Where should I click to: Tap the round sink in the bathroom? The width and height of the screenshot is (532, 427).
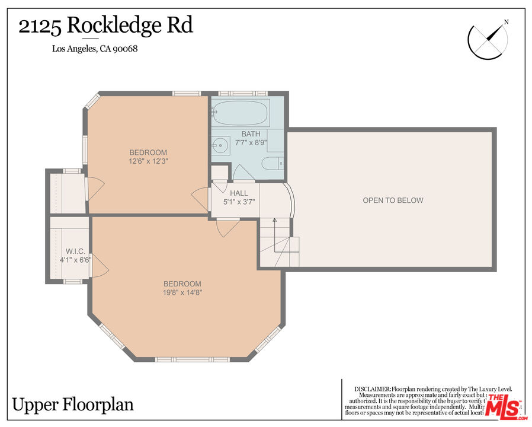click(220, 144)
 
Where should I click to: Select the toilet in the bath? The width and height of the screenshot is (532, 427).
click(274, 165)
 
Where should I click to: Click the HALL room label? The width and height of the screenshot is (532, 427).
click(239, 193)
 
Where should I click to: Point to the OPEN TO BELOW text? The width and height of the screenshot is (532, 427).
click(393, 200)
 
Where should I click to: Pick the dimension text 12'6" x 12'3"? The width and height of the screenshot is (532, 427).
click(148, 161)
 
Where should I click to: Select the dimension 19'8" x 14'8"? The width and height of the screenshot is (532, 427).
click(182, 292)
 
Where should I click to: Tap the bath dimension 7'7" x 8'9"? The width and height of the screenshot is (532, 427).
click(251, 142)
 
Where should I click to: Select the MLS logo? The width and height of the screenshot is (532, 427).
click(503, 406)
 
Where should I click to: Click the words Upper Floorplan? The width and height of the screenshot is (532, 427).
click(73, 405)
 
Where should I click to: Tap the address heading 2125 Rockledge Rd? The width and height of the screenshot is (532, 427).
click(106, 26)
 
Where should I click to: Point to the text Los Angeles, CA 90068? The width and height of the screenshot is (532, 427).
click(95, 49)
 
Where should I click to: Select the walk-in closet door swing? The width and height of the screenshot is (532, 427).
click(100, 265)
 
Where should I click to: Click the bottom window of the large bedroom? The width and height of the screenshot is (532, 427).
click(192, 359)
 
